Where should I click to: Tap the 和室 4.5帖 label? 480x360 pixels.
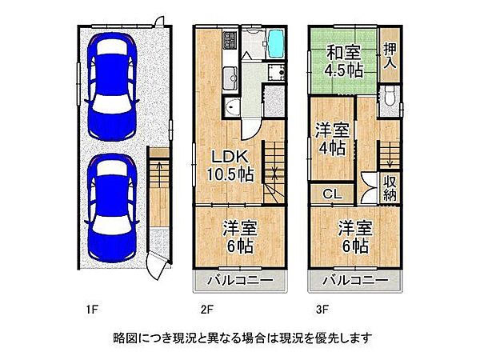coord(342,61)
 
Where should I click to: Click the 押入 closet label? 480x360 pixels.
coord(390,54)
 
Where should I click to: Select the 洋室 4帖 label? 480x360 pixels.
coord(330,138)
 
